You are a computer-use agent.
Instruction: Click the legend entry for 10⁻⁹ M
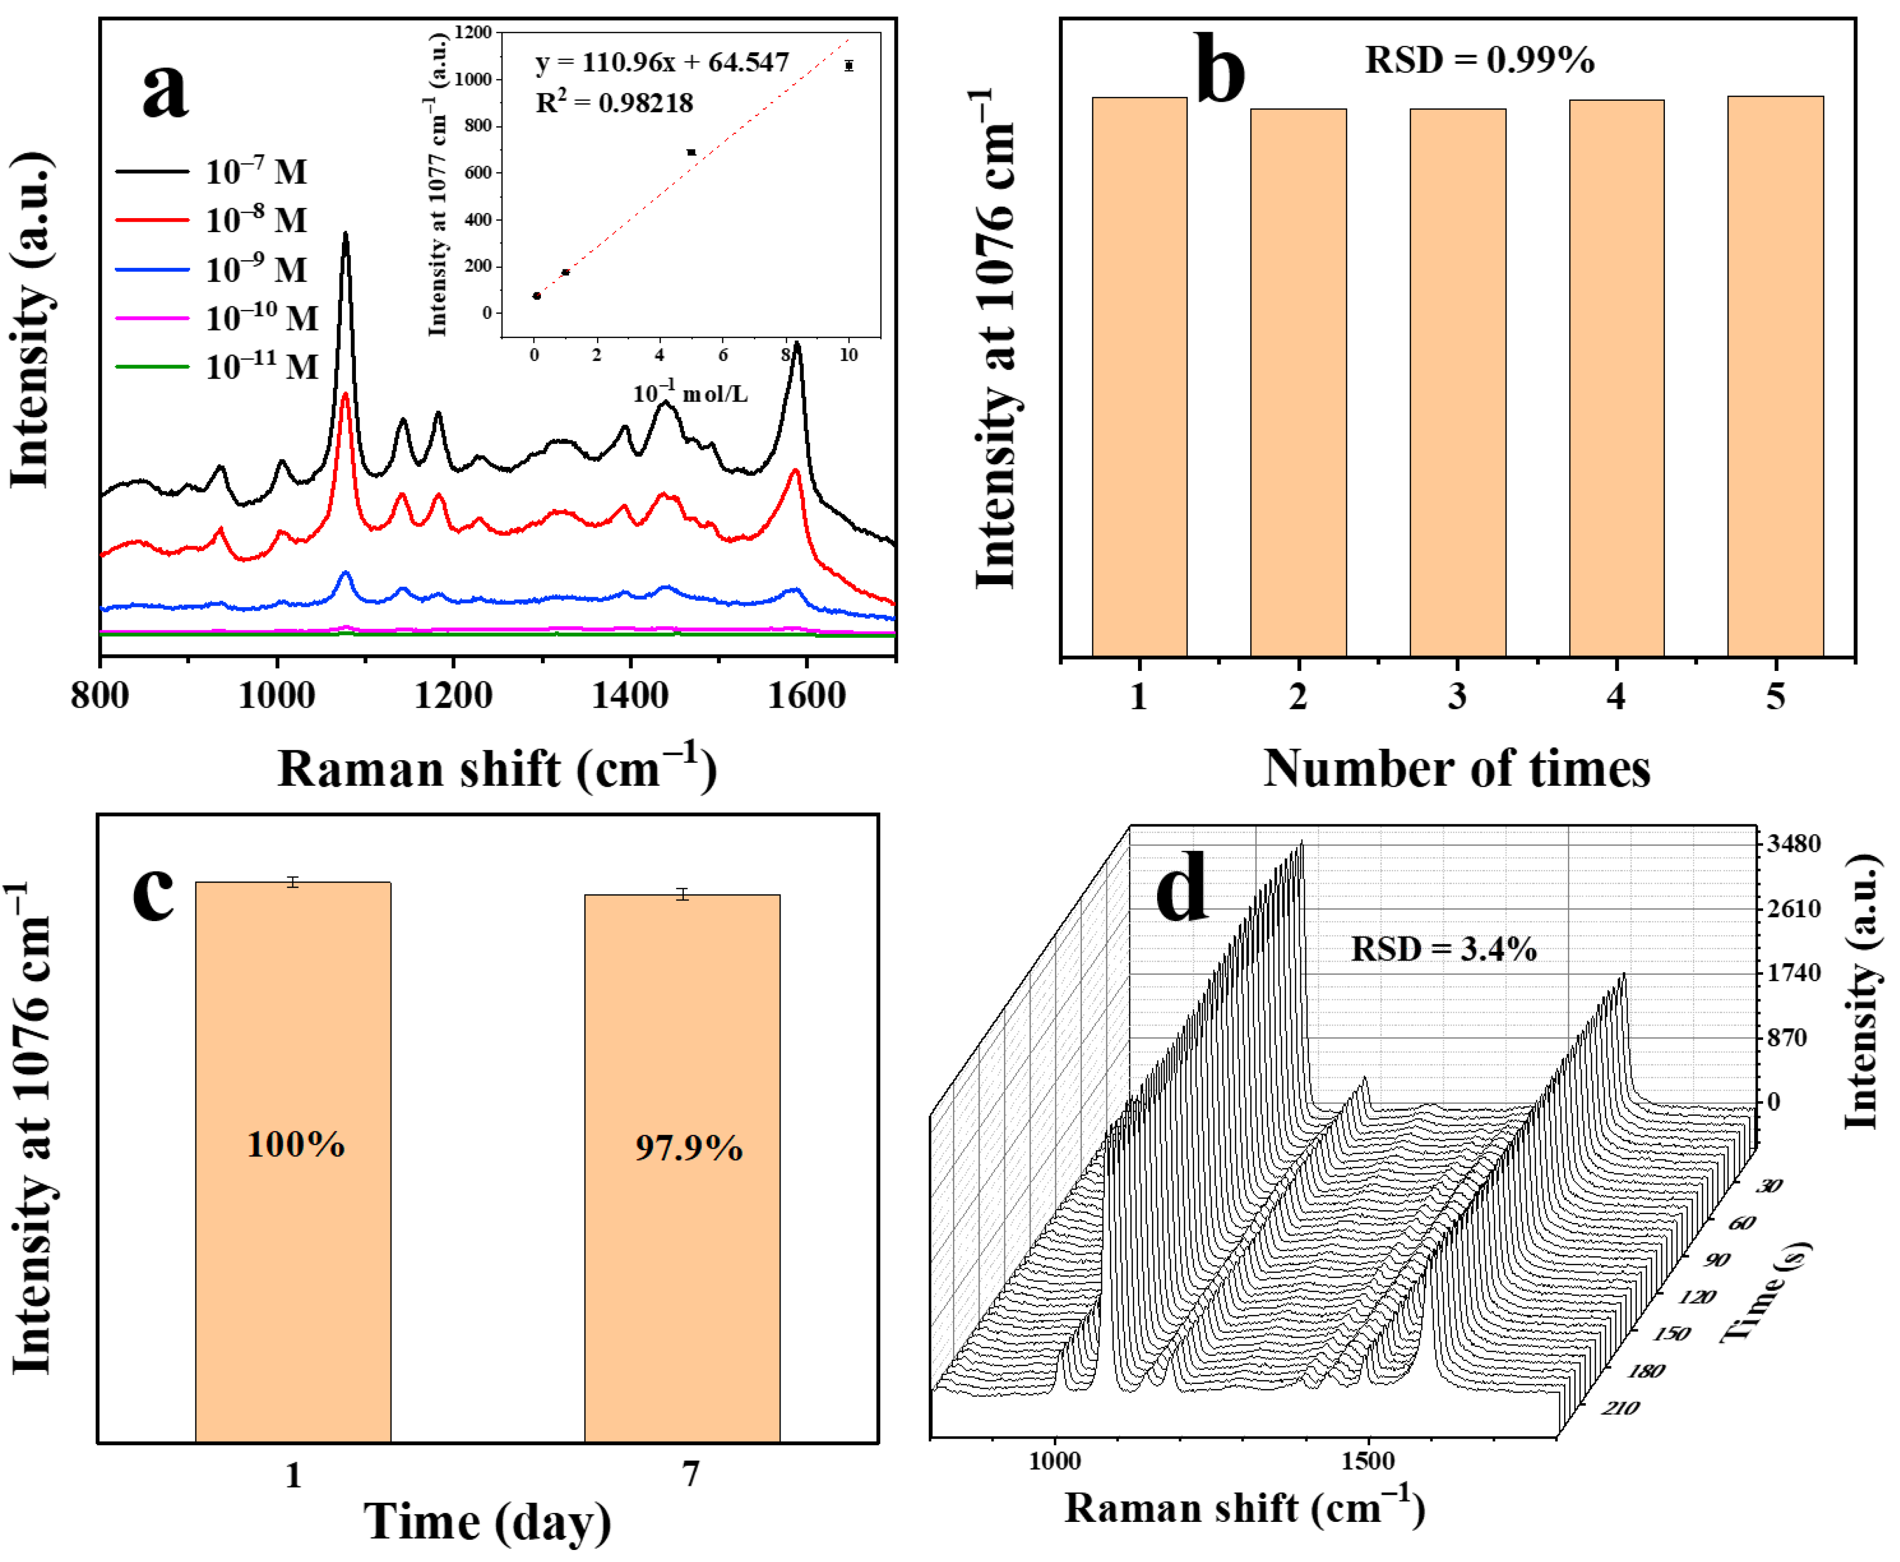coord(216,269)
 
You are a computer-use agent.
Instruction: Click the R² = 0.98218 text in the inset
coord(615,103)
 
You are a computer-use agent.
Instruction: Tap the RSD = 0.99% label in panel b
coord(1479,60)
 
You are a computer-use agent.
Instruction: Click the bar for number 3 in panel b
coord(1457,383)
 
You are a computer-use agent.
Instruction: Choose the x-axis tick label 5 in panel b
coord(1775,697)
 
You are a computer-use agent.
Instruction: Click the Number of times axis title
coord(1456,769)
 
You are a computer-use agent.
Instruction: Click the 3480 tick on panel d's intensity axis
coord(1793,844)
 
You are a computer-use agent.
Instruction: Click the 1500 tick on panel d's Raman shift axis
coord(1368,1460)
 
